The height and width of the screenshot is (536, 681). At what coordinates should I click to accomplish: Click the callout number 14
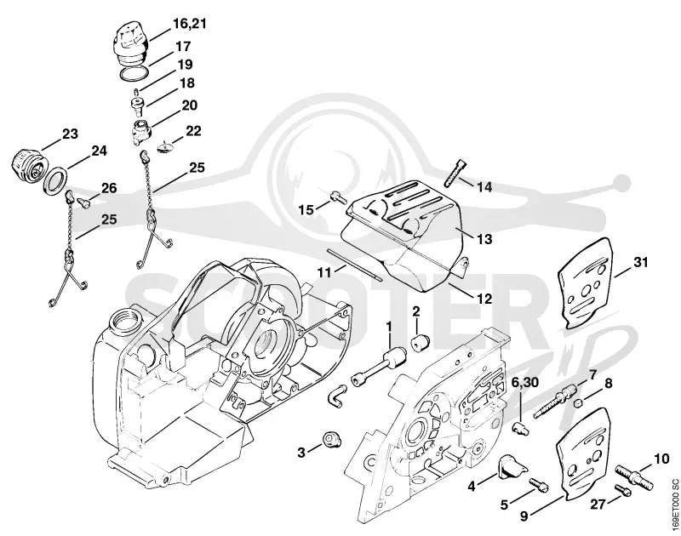click(484, 187)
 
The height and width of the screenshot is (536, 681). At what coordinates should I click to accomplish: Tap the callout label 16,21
click(189, 24)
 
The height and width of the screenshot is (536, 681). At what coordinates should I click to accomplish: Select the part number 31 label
click(640, 262)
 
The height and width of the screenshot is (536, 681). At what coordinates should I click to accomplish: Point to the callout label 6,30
click(524, 382)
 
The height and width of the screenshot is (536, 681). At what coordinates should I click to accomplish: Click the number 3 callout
click(301, 453)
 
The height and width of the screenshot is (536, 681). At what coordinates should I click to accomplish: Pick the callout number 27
click(598, 505)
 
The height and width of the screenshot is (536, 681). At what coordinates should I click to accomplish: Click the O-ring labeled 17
click(134, 73)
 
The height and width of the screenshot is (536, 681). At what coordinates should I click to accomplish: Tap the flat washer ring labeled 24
click(55, 180)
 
